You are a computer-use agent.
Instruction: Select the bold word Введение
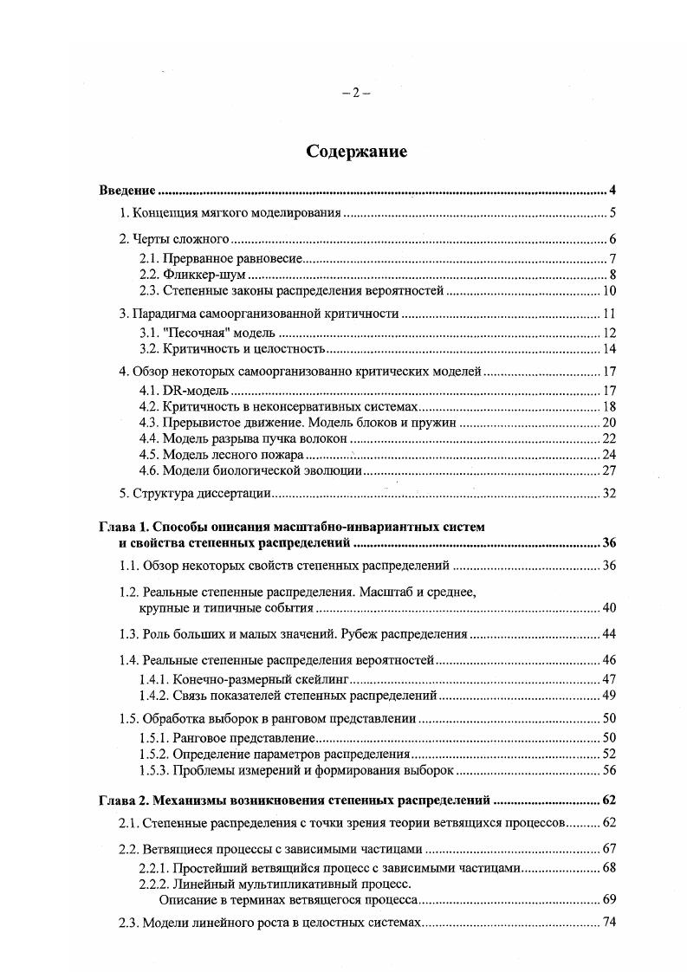[x=126, y=190]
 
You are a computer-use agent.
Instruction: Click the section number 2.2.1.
[x=154, y=867]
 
